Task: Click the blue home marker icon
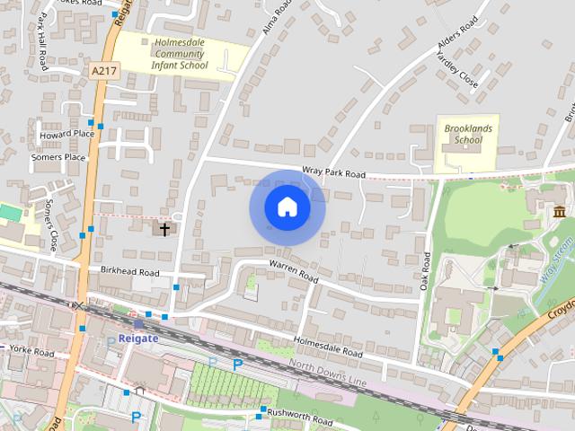coord(287,207)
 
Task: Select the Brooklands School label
coord(468,135)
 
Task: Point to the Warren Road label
coord(294,270)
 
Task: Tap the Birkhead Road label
coord(129,272)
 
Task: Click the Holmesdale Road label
coord(328,347)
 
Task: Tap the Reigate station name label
coord(131,339)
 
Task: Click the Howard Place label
coord(66,135)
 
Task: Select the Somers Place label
coord(58,157)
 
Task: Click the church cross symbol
coord(164,229)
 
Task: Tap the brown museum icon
coord(560,213)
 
